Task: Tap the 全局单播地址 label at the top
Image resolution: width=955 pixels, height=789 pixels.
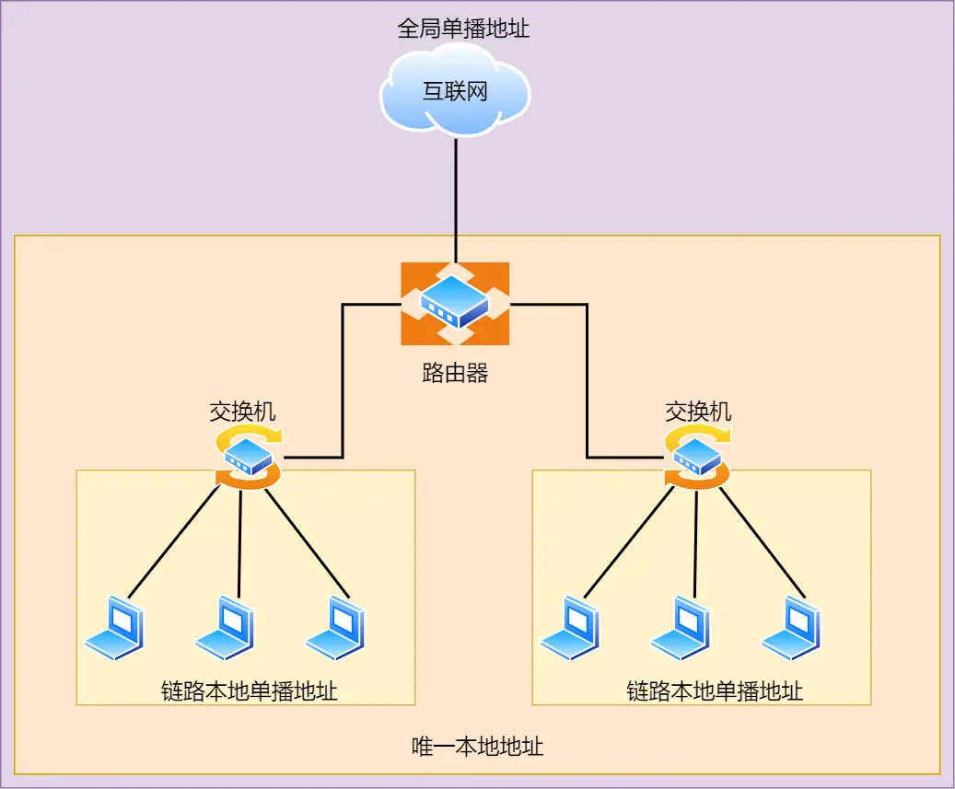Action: pyautogui.click(x=463, y=29)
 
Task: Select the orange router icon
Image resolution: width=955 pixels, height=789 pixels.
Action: pyautogui.click(x=455, y=303)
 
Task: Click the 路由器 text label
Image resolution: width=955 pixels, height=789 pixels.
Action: pyautogui.click(x=455, y=373)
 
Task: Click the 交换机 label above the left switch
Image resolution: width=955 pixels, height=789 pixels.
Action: pyautogui.click(x=242, y=411)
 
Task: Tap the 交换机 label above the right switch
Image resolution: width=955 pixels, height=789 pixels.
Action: pyautogui.click(x=698, y=411)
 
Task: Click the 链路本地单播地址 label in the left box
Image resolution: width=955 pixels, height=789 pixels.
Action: pyautogui.click(x=250, y=691)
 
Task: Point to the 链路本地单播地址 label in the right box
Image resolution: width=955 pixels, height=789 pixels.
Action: pyautogui.click(x=715, y=691)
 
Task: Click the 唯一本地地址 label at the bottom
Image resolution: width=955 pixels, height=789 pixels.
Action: pyautogui.click(x=477, y=746)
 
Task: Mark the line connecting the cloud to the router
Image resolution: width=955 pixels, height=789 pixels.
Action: pyautogui.click(x=455, y=198)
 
